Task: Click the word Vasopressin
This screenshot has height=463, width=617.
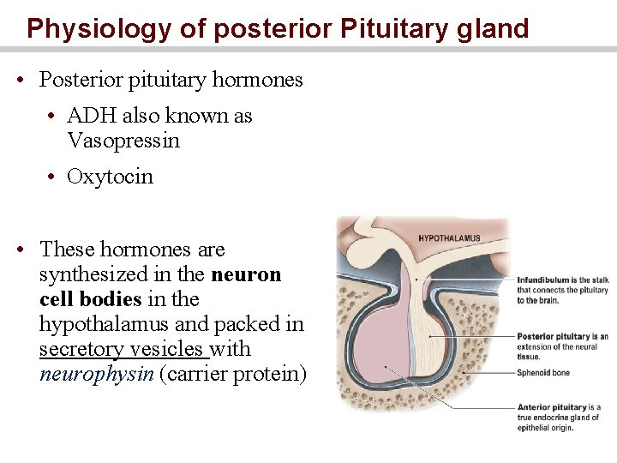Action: tap(123, 141)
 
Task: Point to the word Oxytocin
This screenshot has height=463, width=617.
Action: tap(110, 177)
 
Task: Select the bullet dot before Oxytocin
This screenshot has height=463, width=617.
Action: tap(52, 177)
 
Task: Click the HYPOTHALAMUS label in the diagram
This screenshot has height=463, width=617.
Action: tap(449, 238)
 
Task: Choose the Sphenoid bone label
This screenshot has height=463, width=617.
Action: tap(543, 373)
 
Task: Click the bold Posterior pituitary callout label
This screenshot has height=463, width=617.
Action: tap(554, 337)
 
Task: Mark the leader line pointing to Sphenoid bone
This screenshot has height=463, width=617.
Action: tap(480, 373)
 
